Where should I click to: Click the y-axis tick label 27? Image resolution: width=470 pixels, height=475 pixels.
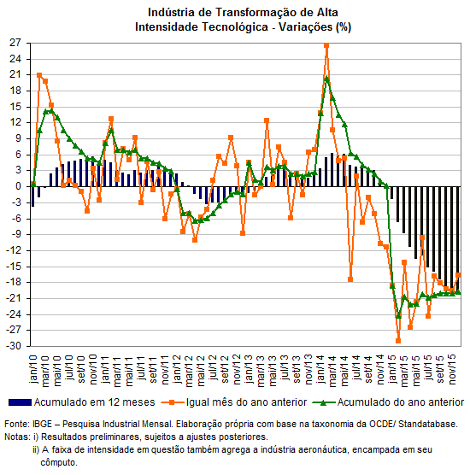point(15,43)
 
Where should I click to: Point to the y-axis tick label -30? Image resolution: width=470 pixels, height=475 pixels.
point(14,346)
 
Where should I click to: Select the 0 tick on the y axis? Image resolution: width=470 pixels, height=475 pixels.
point(19,186)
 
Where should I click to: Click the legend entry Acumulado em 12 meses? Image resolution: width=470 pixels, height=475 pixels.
point(82,402)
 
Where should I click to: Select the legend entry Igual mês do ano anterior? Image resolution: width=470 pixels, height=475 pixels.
point(234,402)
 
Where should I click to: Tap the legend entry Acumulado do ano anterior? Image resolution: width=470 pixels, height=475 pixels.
point(389,402)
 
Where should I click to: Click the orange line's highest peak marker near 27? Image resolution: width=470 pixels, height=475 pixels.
point(326,45)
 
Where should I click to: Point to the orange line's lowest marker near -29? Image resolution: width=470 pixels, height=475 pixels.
point(398,341)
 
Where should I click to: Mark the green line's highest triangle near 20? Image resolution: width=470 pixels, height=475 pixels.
point(326,79)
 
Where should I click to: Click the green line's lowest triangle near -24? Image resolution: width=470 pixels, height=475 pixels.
point(398,316)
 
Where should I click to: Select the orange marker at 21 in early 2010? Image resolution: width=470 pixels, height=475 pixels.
point(39,75)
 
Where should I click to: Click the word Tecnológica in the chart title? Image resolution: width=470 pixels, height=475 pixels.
point(235,27)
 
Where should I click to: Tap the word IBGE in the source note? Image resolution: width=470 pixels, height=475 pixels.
point(42,424)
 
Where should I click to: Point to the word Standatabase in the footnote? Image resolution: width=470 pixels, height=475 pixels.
point(427,424)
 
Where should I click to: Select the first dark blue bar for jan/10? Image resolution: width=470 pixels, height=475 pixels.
point(32,196)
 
